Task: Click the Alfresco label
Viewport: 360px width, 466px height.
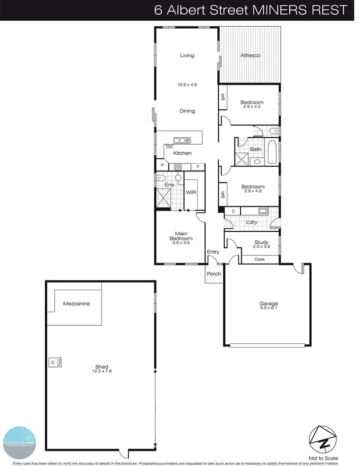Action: click(x=250, y=55)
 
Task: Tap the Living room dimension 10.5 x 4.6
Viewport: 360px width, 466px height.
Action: click(x=187, y=85)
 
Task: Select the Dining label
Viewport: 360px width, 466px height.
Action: click(x=187, y=111)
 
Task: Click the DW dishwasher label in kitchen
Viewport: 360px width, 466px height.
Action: click(x=162, y=147)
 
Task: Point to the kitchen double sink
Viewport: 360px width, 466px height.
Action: click(x=180, y=141)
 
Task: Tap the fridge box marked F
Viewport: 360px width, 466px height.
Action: click(x=198, y=166)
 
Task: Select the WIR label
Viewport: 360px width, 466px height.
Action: click(x=191, y=193)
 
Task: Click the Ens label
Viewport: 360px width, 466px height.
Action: click(x=170, y=184)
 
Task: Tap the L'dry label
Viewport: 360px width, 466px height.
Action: click(x=252, y=222)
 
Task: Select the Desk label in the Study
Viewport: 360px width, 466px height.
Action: click(x=259, y=259)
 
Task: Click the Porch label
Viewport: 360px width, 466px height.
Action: click(x=213, y=274)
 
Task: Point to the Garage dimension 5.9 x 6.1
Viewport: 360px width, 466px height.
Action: click(x=268, y=309)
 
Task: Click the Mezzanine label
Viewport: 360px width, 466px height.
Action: click(x=76, y=304)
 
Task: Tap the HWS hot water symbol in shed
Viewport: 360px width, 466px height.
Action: click(x=52, y=361)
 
